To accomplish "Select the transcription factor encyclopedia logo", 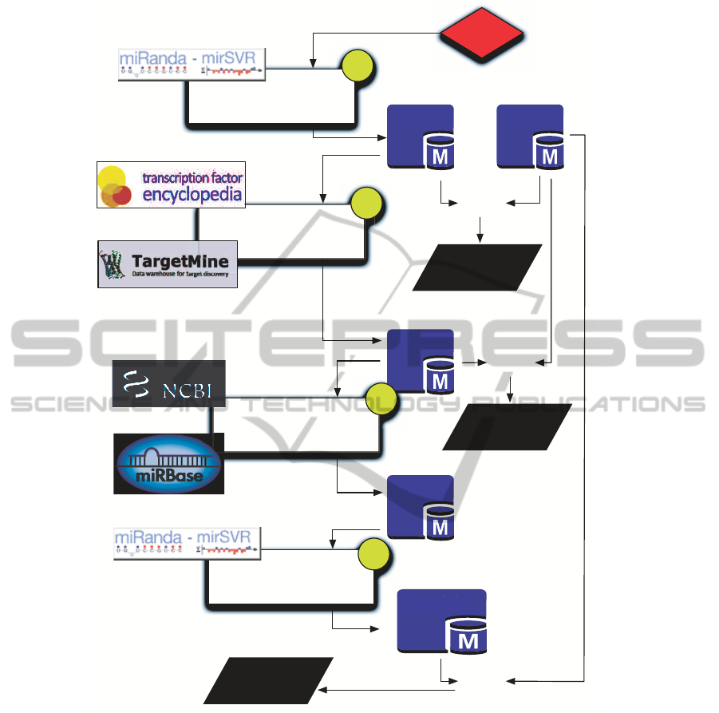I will [x=170, y=185].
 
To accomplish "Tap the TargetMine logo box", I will [x=168, y=263].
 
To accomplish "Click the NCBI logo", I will [x=168, y=383].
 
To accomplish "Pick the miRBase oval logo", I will [x=168, y=465].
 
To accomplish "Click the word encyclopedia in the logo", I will [x=192, y=195].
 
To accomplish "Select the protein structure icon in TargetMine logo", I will [x=109, y=264].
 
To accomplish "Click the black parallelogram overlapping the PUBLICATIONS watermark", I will [x=508, y=427].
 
